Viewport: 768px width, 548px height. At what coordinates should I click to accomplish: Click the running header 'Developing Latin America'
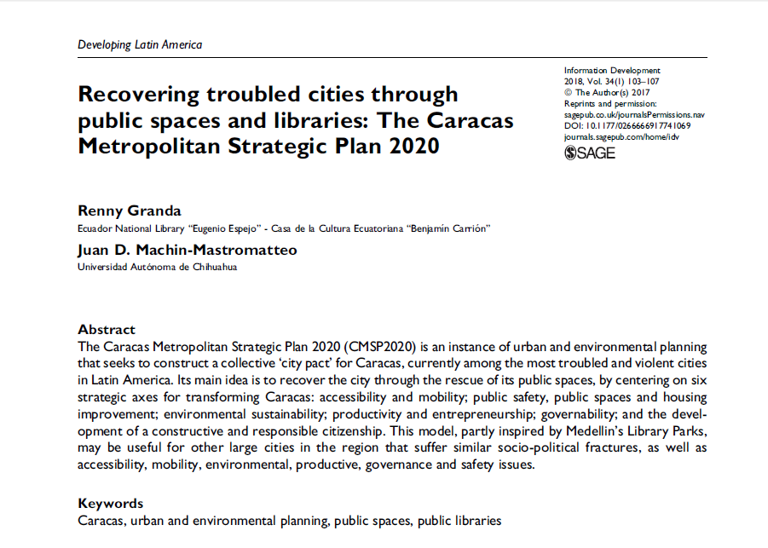(x=140, y=44)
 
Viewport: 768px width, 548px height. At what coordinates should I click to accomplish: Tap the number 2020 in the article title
(x=413, y=145)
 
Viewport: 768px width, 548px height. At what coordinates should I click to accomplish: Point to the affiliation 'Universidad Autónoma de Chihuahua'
(x=157, y=267)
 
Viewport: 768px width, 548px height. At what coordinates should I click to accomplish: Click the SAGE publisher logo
(x=589, y=153)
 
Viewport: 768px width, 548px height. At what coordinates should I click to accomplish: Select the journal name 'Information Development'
(x=612, y=71)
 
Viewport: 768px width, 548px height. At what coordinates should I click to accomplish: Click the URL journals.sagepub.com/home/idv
(x=620, y=136)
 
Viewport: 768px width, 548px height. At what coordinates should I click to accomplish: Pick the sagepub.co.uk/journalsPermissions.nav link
(x=634, y=114)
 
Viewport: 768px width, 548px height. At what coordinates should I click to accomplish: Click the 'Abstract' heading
(x=107, y=330)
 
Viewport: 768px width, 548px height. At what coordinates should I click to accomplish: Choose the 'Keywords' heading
(x=110, y=503)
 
